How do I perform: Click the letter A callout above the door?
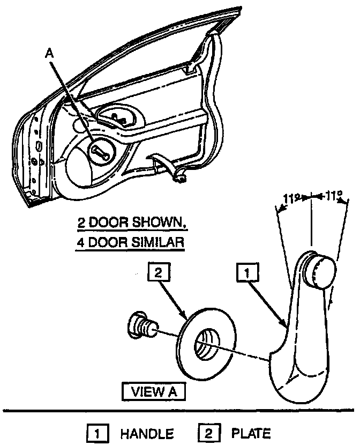point(49,54)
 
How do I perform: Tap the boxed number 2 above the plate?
point(159,272)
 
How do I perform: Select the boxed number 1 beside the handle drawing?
point(247,272)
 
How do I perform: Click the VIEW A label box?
point(154,391)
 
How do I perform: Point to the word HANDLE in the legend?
point(147,434)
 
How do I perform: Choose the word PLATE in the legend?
point(251,433)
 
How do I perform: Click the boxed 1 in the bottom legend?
point(97,434)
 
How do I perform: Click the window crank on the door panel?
point(101,151)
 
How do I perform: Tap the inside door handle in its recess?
point(118,119)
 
